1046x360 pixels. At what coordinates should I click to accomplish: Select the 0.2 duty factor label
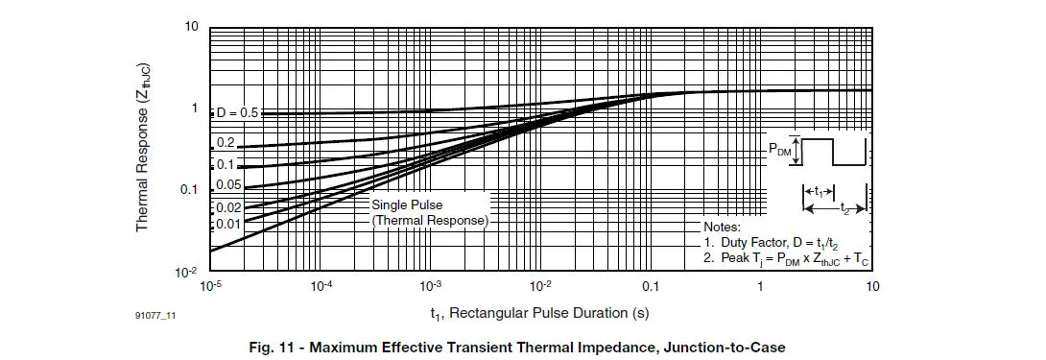click(226, 142)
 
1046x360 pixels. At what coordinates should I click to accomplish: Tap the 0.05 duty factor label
click(228, 184)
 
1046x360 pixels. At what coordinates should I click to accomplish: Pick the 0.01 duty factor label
click(228, 224)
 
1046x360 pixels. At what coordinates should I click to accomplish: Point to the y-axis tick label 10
click(191, 26)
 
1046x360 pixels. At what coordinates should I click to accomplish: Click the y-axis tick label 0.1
click(187, 190)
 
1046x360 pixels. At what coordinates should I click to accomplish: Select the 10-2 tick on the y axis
click(186, 272)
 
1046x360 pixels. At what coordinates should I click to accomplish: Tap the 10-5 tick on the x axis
click(211, 287)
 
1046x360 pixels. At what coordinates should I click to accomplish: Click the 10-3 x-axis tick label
click(431, 287)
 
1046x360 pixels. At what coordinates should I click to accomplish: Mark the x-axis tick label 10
click(872, 287)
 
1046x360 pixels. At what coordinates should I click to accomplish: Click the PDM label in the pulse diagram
click(779, 150)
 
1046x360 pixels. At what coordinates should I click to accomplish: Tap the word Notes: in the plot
click(724, 226)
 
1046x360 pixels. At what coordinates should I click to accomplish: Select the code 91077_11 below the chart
click(155, 314)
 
